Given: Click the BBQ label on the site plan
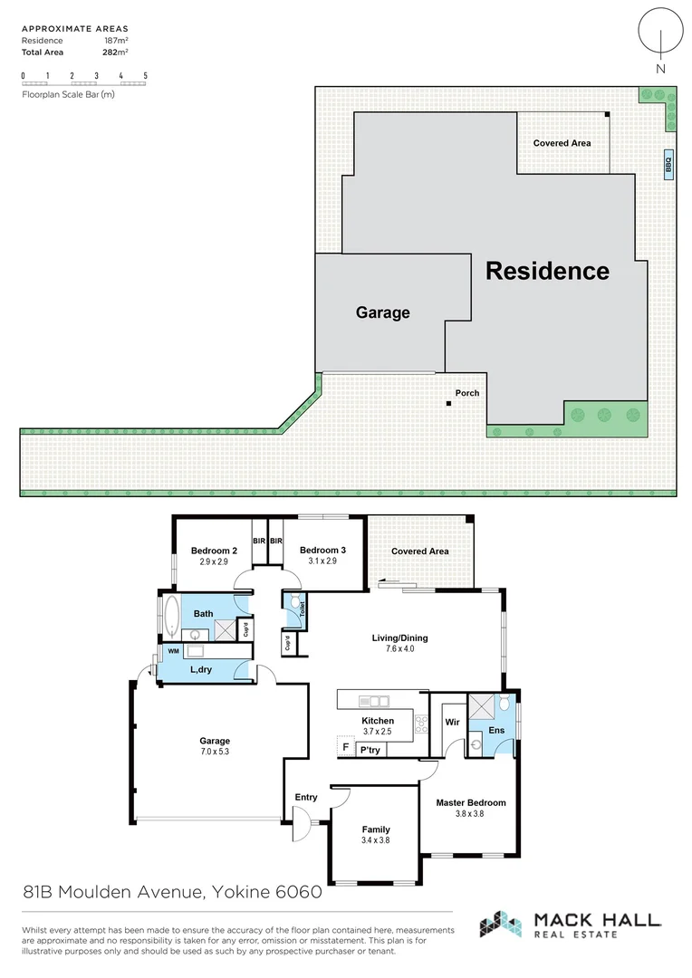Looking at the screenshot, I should (668, 163).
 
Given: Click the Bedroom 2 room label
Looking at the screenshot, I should (214, 551).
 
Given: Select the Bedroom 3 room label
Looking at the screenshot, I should (322, 551).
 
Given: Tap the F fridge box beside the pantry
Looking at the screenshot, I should (344, 748).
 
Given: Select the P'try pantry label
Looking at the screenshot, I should (370, 750).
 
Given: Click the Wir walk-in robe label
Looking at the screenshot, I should (452, 723).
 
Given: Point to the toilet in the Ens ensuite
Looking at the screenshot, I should (505, 705).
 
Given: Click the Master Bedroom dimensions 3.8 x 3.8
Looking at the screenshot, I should (470, 814).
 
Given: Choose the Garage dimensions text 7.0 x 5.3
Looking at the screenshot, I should (215, 752).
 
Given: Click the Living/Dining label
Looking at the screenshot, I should (399, 638).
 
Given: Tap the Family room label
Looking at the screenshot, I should (375, 829).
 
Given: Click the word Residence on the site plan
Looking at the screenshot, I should (547, 271).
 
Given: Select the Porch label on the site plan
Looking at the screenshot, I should (467, 393).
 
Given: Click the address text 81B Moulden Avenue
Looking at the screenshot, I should (114, 893).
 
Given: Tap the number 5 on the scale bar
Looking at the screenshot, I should (145, 75).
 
